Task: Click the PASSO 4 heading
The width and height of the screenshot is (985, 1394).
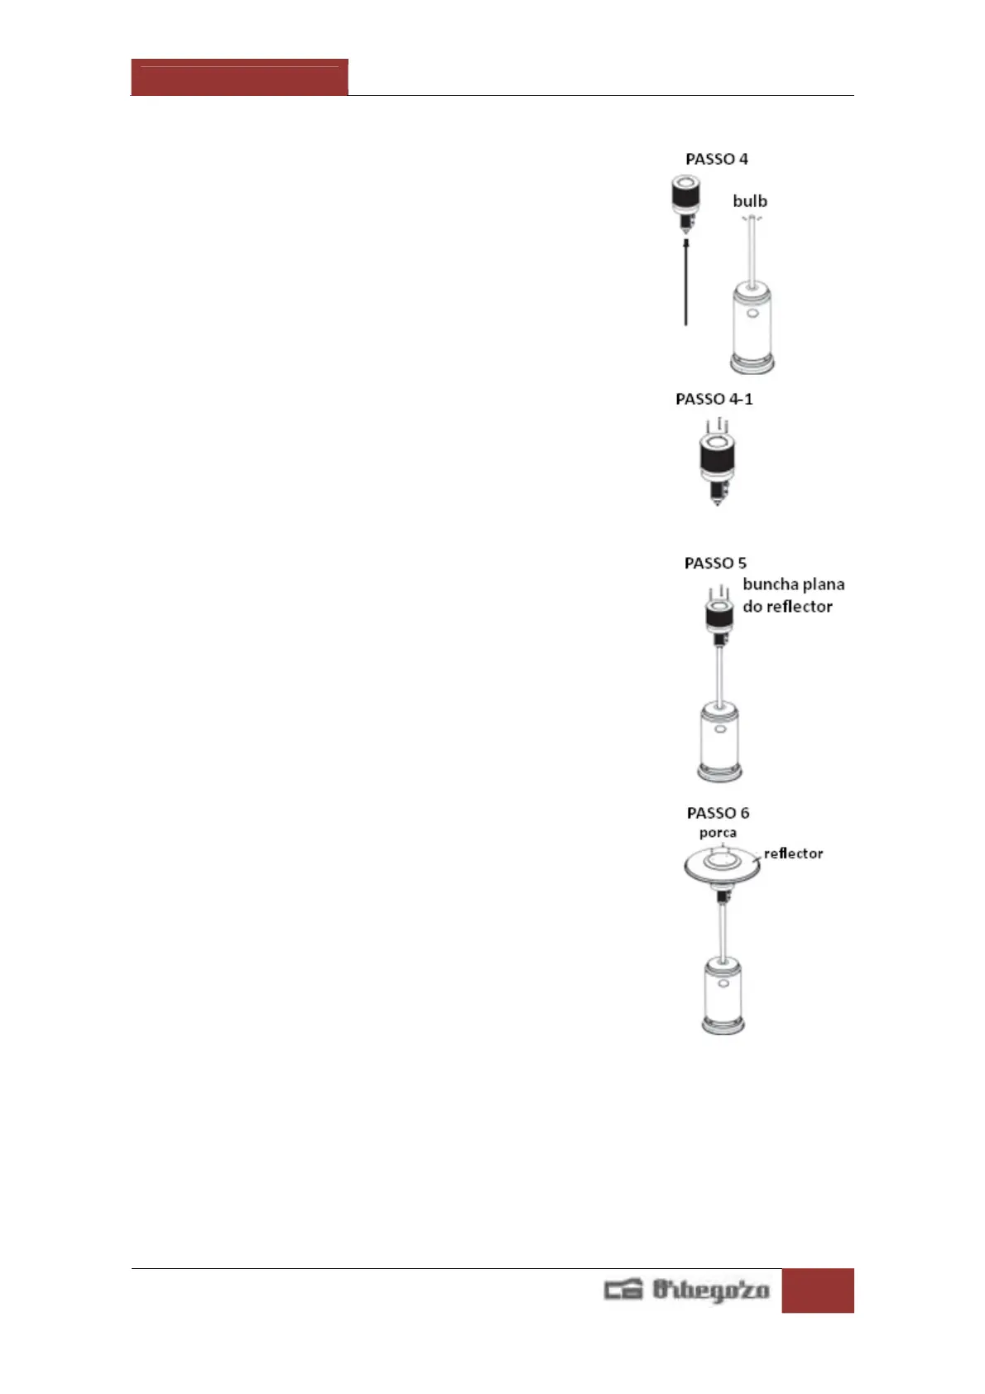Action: click(716, 159)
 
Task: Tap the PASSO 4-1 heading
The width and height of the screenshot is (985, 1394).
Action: click(714, 399)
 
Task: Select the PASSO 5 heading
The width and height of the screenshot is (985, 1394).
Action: click(715, 563)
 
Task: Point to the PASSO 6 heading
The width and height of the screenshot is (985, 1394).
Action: click(718, 813)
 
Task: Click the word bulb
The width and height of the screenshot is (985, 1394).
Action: click(750, 201)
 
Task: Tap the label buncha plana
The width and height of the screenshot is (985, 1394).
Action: click(793, 584)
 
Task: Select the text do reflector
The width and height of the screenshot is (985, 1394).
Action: click(787, 607)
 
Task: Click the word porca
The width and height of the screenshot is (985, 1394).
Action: click(718, 833)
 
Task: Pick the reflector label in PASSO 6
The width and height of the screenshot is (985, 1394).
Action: click(793, 853)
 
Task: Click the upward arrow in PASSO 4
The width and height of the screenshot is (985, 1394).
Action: click(686, 281)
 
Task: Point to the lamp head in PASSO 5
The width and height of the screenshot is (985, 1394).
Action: click(718, 618)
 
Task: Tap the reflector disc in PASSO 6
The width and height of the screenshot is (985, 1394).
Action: click(722, 866)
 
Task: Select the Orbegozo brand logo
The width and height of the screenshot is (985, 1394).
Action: click(687, 1291)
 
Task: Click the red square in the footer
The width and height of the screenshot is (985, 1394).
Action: click(817, 1291)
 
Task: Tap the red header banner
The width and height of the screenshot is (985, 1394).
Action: click(239, 78)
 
